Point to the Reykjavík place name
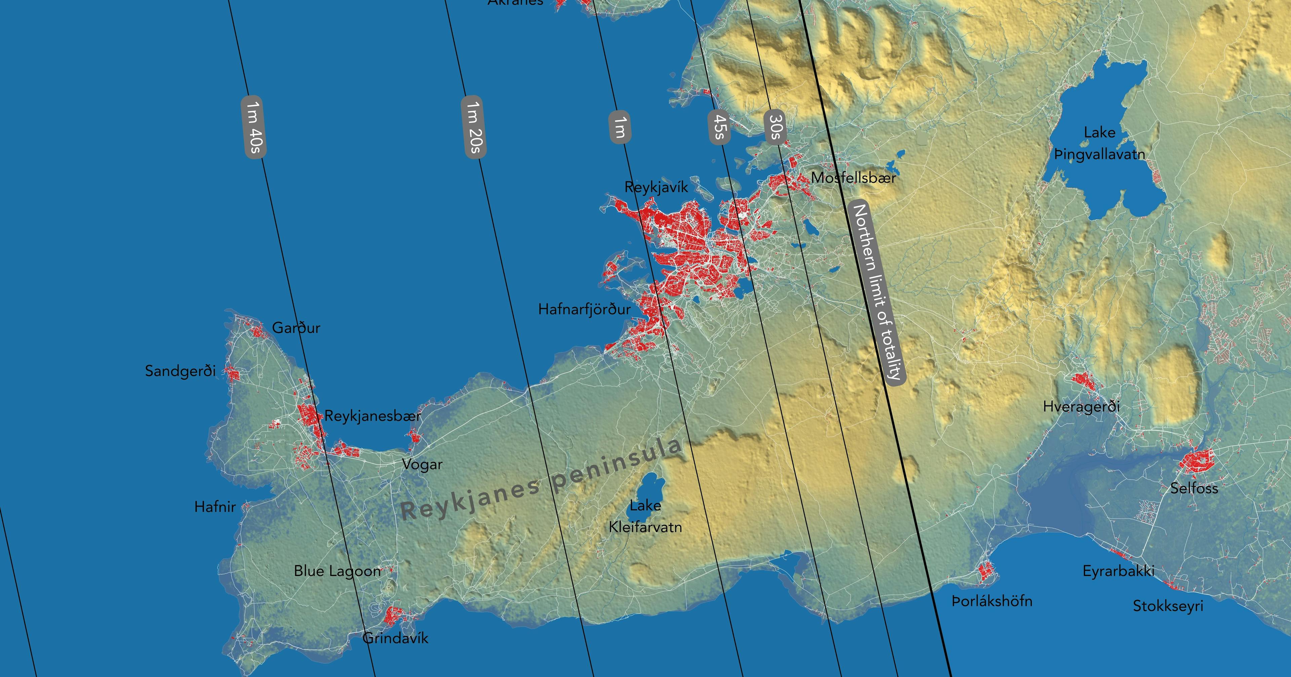[656, 187]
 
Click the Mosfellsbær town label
[854, 178]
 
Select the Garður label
[296, 328]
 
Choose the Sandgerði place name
[181, 371]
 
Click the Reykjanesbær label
[373, 416]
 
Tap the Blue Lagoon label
[337, 571]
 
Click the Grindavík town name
[395, 638]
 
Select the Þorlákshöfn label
[992, 601]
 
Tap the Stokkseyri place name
[1168, 606]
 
